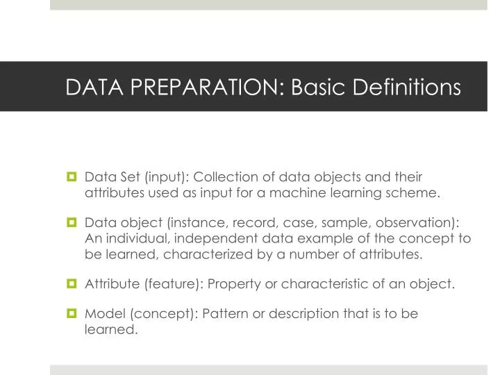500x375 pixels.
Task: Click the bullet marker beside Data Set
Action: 72,177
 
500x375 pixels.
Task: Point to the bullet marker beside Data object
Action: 72,223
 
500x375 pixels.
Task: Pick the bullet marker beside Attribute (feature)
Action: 72,283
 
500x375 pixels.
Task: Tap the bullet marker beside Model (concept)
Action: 72,314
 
